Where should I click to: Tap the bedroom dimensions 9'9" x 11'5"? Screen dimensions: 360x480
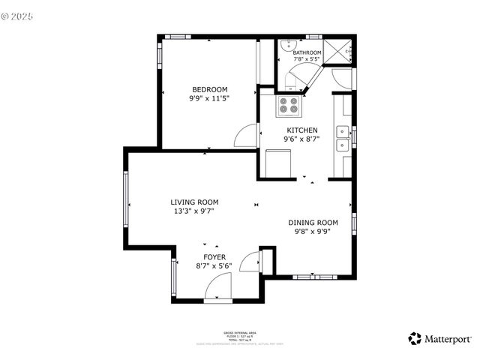[209, 97]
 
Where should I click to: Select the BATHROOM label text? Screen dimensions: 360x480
[301, 52]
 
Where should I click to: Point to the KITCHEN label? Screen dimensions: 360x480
[301, 130]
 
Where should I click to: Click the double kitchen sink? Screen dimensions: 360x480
[342, 138]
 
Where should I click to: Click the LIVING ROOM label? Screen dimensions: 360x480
[194, 202]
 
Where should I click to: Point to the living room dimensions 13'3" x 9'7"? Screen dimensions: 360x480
[194, 211]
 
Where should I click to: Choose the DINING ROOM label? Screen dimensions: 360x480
[313, 222]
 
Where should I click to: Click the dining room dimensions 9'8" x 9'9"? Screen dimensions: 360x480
[313, 232]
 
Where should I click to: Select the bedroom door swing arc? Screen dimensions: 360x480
[245, 136]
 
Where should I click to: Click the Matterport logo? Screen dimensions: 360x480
[439, 338]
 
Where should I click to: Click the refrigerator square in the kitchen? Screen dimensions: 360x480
[279, 163]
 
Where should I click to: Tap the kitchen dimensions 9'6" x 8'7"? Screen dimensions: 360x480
[301, 139]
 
